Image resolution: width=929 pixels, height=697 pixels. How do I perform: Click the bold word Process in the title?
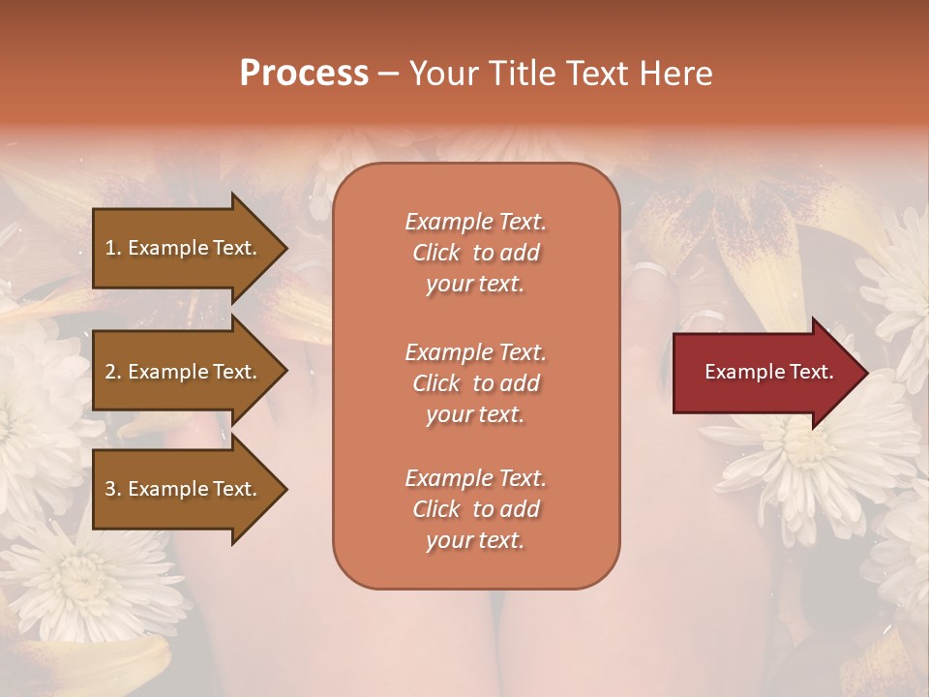pos(304,74)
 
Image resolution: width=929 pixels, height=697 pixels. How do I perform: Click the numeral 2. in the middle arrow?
pos(113,372)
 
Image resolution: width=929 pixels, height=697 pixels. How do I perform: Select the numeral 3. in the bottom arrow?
pos(113,489)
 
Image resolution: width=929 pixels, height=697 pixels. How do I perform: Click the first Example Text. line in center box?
pos(475,222)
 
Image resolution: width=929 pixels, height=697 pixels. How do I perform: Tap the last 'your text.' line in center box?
pos(475,540)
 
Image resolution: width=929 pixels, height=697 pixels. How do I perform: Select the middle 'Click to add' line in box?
pos(475,383)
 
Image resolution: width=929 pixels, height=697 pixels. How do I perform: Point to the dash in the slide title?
pos(389,74)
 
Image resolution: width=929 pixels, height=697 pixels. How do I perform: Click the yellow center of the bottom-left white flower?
pos(92,581)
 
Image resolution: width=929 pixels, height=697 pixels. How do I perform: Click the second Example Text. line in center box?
pos(475,352)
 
